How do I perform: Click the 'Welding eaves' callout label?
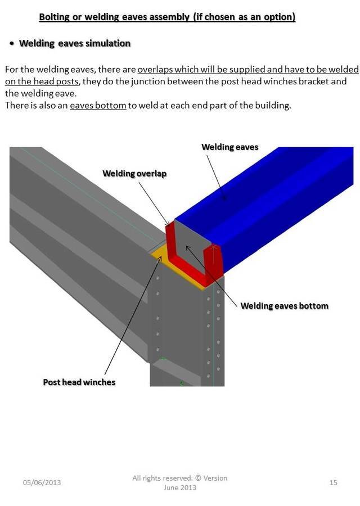[x=229, y=147]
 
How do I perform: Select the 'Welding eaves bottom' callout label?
[x=284, y=306]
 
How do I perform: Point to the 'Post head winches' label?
[x=79, y=382]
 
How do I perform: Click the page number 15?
[x=334, y=482]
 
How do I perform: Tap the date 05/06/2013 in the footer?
[x=42, y=482]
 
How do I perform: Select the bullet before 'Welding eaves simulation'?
[x=11, y=44]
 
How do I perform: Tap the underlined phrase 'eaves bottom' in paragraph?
[x=98, y=105]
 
